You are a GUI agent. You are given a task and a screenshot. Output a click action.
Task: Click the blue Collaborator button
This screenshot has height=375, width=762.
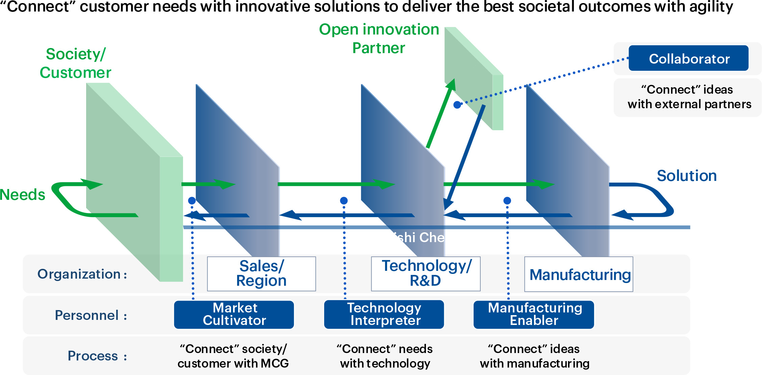(x=688, y=58)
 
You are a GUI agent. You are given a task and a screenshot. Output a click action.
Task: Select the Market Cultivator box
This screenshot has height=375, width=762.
(x=234, y=314)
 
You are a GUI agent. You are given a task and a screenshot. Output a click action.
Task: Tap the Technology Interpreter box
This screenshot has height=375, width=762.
(x=384, y=314)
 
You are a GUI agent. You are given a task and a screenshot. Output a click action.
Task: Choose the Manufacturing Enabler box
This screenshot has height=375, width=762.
(x=534, y=314)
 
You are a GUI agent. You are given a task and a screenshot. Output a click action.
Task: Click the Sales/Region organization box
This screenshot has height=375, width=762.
(x=261, y=274)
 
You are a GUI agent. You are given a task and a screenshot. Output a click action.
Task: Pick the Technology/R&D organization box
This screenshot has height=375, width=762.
(x=426, y=274)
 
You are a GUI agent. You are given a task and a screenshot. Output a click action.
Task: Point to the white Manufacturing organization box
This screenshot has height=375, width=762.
(x=579, y=274)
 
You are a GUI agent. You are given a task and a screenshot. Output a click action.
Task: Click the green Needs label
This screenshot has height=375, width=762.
(x=22, y=195)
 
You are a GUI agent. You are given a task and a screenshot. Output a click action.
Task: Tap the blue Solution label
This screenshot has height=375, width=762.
(x=686, y=176)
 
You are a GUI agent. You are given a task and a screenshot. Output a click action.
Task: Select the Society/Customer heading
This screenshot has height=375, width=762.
(x=76, y=63)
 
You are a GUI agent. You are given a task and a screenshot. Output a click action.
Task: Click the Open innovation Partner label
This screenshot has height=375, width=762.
(x=379, y=39)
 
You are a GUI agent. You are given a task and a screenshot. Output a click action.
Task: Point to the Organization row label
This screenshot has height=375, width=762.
(x=82, y=274)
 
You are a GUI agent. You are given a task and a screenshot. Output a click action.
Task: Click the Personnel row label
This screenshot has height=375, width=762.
(x=91, y=315)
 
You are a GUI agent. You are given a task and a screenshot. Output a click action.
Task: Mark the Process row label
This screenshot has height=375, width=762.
(x=97, y=356)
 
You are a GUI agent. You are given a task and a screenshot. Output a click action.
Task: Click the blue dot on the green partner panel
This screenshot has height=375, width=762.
(x=457, y=105)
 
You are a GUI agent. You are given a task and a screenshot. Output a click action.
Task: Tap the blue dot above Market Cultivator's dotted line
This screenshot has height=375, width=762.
(x=192, y=201)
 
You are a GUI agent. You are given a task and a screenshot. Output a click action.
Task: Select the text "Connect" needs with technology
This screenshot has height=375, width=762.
(x=385, y=356)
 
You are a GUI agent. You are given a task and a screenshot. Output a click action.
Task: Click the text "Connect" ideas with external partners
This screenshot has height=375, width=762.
(x=689, y=97)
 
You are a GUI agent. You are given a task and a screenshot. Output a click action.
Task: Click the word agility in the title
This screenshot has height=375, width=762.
(x=711, y=7)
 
